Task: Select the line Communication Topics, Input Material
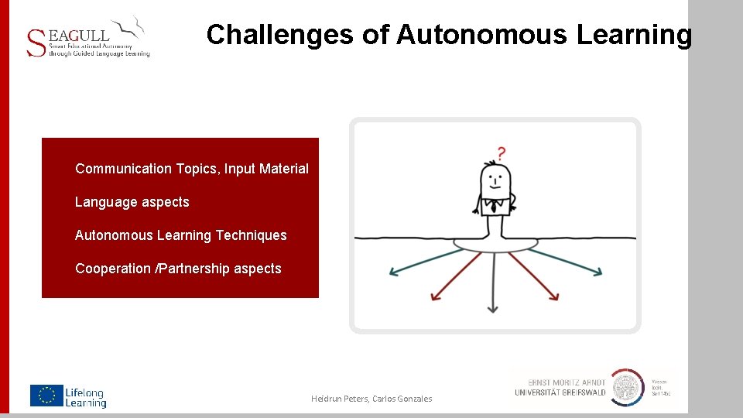point(192,169)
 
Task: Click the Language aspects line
point(132,202)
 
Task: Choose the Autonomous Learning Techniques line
point(181,235)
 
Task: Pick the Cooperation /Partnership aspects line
point(179,269)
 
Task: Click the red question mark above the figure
point(502,152)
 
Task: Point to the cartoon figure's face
point(495,182)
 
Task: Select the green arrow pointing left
point(419,262)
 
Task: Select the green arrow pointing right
point(570,262)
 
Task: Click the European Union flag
point(46,396)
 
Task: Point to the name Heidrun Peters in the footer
point(338,399)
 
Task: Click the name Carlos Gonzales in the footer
point(402,399)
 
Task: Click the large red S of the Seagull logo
point(36,43)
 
